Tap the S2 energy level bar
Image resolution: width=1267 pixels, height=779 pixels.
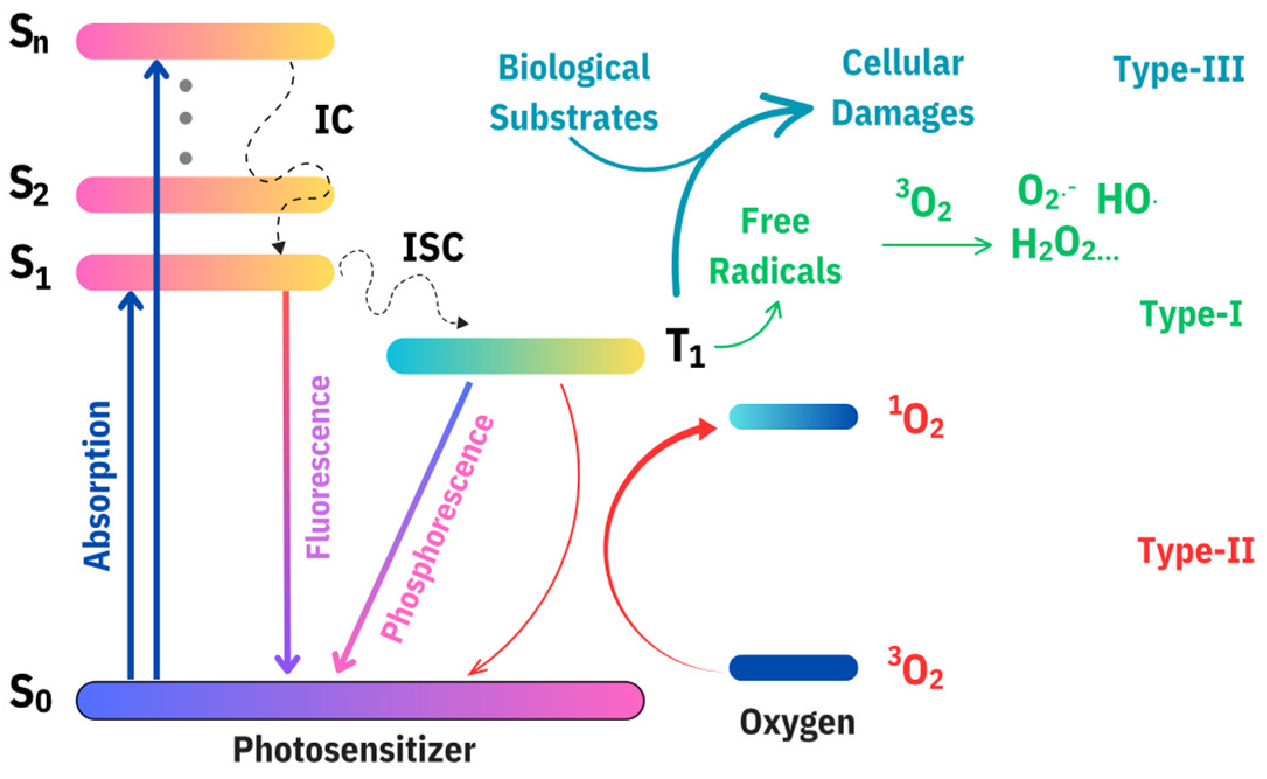pos(204,194)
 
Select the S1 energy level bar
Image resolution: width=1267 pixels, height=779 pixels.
pos(204,272)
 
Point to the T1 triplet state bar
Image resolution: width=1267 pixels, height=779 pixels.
pos(515,355)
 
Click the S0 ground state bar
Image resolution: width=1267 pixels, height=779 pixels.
pos(360,700)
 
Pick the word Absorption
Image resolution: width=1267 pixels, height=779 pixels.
pos(97,485)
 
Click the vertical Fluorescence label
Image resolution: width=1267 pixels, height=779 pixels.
pos(319,467)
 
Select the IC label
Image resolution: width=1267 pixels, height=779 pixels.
pos(334,121)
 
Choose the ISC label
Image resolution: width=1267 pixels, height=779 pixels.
pos(433,248)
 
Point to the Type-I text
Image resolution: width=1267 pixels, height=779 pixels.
pos(1191,314)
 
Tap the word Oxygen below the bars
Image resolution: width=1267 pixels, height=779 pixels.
pos(797,722)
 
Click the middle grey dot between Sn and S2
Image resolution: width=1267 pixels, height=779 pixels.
pos(186,119)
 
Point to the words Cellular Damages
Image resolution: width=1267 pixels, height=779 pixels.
pos(902,89)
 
